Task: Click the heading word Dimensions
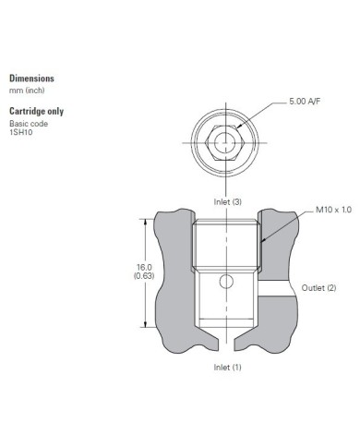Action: [x=31, y=79]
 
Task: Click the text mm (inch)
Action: [x=27, y=91]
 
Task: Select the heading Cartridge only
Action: [x=36, y=111]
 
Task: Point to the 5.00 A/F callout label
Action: [x=306, y=126]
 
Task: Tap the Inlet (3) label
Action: [x=227, y=200]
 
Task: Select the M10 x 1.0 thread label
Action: [x=334, y=211]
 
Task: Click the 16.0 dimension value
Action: [x=143, y=267]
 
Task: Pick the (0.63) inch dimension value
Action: [x=143, y=276]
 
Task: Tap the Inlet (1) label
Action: [x=227, y=367]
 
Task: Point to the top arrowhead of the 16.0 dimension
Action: [x=144, y=221]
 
